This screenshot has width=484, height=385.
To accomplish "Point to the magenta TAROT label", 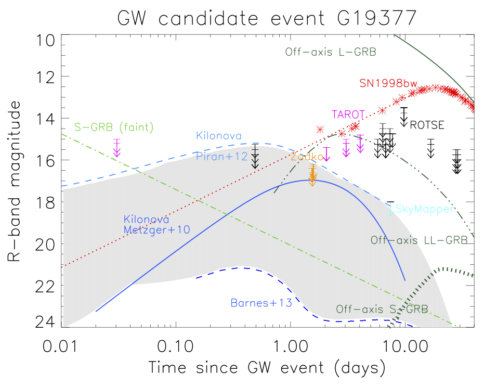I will pos(348,114).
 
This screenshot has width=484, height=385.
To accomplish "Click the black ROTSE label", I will pos(427,125).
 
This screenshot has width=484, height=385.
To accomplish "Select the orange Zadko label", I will pos(306,157).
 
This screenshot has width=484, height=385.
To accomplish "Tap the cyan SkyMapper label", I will pos(422,209).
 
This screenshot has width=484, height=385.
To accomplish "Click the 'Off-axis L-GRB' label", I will pos(330,53).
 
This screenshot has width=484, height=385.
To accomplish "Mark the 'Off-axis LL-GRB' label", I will pos(418,240).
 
